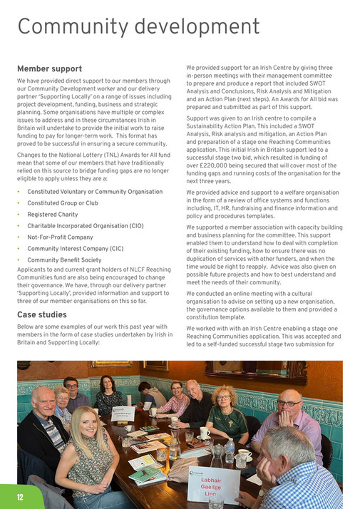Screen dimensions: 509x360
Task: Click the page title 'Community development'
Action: click(x=138, y=26)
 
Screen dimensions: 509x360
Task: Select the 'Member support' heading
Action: click(x=49, y=69)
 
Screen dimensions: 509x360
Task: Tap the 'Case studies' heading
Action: click(x=41, y=314)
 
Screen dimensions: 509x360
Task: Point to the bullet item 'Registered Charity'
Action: click(x=53, y=214)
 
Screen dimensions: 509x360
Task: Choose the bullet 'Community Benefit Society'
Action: click(x=64, y=260)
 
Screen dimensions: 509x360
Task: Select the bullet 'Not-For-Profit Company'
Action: click(x=60, y=237)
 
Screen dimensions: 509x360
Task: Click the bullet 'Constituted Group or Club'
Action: click(x=63, y=202)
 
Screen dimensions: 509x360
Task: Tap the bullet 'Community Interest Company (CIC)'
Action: click(x=74, y=249)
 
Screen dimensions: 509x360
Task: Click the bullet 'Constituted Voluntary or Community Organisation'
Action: click(x=95, y=191)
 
